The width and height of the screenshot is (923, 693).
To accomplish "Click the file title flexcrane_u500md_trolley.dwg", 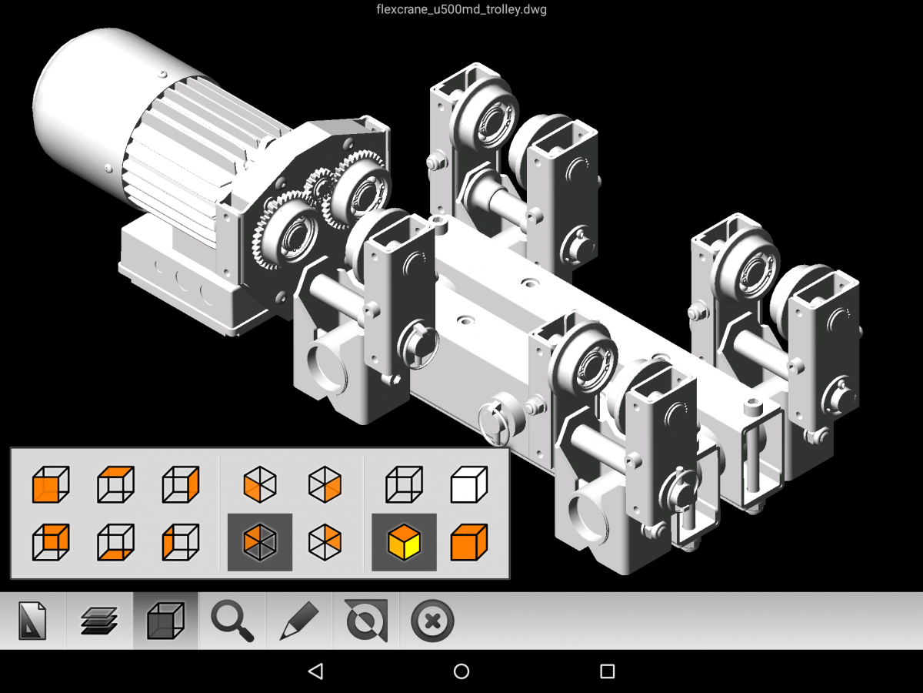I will [461, 10].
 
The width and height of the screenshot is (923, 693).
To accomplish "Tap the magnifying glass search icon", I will [232, 621].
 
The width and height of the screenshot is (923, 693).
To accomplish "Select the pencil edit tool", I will [299, 621].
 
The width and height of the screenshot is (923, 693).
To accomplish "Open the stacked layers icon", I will [99, 621].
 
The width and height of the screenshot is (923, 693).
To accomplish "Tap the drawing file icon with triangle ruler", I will [32, 621].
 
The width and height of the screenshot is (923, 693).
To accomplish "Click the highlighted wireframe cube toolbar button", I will [165, 621].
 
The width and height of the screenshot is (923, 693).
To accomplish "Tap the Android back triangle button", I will [315, 671].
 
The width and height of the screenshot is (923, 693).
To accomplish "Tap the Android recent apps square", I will [607, 671].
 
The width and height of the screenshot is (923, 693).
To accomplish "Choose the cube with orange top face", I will [115, 484].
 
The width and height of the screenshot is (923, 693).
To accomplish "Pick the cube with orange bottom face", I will [115, 541].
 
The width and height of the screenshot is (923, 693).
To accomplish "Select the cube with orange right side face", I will [181, 484].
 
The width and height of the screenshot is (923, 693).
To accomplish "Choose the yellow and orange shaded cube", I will [404, 541].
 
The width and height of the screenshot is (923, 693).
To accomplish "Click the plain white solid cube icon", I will [468, 484].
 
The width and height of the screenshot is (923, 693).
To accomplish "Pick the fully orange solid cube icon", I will [468, 541].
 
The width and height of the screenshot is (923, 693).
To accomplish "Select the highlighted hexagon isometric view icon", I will [260, 541].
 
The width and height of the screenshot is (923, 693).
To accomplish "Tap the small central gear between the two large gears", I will [316, 189].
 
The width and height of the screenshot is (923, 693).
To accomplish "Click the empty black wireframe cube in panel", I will [404, 484].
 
